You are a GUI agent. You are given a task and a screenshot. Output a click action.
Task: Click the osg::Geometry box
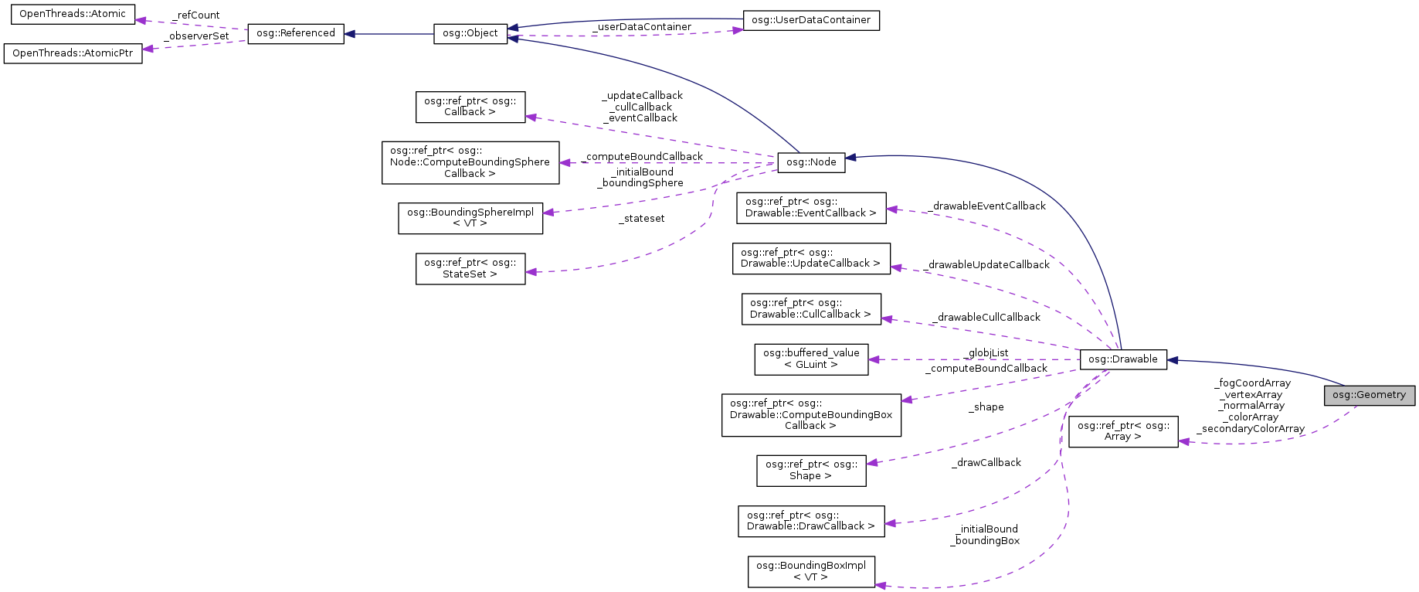point(1369,395)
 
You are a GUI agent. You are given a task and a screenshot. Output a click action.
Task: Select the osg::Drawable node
point(1122,359)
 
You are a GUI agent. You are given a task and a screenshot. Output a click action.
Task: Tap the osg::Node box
point(811,162)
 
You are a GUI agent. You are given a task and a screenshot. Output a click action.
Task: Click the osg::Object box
point(470,33)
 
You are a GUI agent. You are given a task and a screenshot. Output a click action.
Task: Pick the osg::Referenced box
point(295,33)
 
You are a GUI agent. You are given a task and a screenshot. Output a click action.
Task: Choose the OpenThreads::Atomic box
point(73,14)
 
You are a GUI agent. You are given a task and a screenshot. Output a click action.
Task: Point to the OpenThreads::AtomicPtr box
point(73,53)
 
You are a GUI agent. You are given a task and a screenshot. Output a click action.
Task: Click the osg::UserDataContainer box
point(810,20)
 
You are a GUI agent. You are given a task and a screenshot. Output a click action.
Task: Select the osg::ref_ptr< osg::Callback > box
point(470,107)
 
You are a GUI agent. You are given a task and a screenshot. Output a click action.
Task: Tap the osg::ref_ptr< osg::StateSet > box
point(470,268)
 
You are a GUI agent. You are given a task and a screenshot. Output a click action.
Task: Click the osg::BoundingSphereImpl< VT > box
point(470,217)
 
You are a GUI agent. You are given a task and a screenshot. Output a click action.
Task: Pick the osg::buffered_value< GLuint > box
point(810,359)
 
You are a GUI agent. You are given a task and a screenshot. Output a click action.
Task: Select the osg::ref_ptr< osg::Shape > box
point(810,470)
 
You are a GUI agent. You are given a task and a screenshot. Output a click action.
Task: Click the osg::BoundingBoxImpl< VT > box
point(810,571)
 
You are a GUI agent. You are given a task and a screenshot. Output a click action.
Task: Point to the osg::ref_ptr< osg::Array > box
point(1122,431)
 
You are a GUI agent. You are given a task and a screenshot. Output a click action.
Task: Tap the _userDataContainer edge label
point(641,27)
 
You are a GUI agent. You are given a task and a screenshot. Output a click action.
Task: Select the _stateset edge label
point(641,219)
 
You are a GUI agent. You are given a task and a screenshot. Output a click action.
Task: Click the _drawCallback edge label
point(986,463)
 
